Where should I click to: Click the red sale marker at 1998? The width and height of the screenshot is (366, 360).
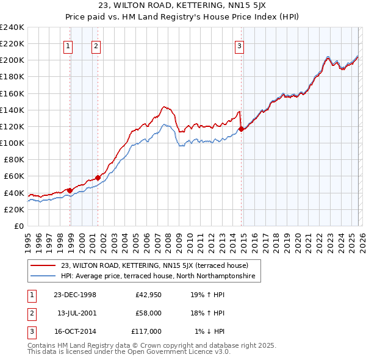tap(70, 190)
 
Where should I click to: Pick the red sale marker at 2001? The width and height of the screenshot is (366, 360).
tap(98, 178)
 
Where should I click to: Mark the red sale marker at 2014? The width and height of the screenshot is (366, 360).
tap(242, 129)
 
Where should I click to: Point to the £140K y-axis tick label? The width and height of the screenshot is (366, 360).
tap(12, 110)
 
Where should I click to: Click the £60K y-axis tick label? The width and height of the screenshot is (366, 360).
tap(14, 176)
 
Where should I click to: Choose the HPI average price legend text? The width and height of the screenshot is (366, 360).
tap(160, 276)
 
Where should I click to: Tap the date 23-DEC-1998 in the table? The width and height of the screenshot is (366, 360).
tap(74, 295)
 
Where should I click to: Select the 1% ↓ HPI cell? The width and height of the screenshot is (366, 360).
tap(209, 331)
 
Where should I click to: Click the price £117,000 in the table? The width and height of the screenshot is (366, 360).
tap(146, 331)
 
